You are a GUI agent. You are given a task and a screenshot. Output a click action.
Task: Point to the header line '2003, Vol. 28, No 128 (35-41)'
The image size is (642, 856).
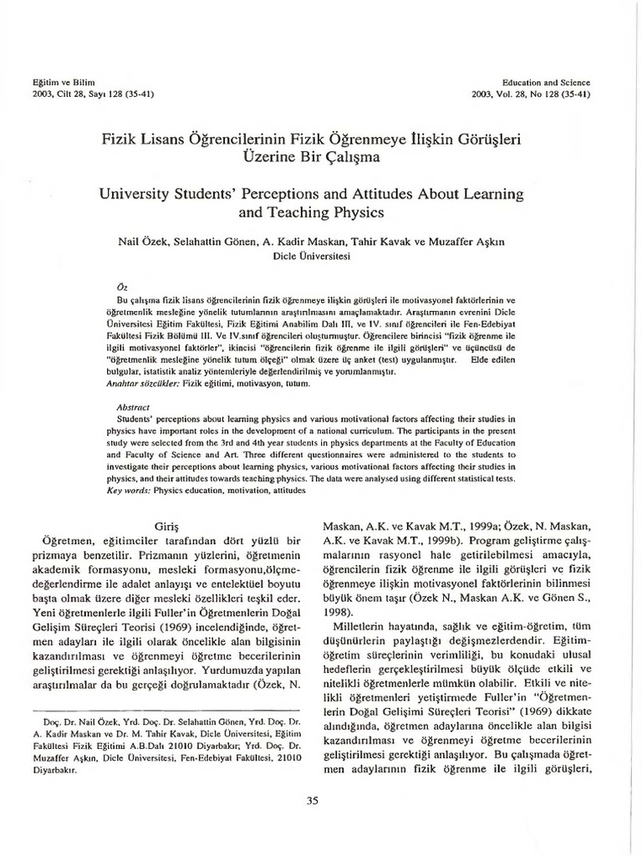coord(530,94)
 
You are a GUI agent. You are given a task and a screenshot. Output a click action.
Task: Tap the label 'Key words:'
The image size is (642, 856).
coord(130,492)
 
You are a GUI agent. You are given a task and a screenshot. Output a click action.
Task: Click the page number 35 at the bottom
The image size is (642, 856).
coord(313,801)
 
